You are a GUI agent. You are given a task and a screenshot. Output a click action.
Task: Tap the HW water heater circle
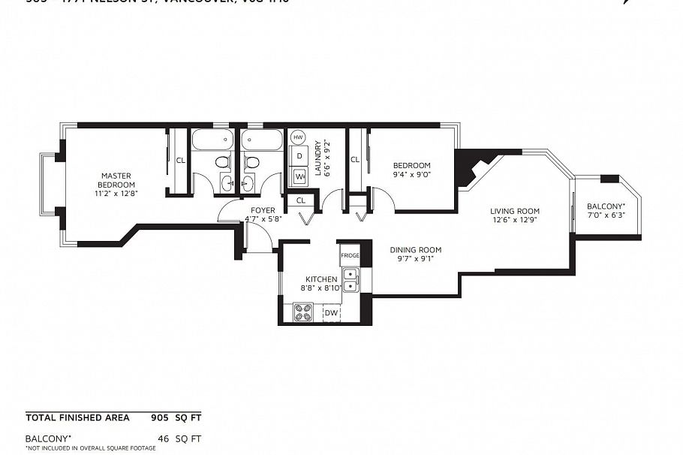tap(298, 137)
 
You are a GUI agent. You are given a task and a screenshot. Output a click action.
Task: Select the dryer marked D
tap(299, 156)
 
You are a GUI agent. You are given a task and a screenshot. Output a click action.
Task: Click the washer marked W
tap(299, 176)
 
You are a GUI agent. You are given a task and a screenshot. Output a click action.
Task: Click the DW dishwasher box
tap(331, 312)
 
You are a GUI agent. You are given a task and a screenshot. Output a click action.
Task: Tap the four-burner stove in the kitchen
tap(303, 312)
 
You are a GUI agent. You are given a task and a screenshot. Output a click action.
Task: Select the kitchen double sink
tap(351, 279)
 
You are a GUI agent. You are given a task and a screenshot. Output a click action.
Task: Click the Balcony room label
tap(605, 206)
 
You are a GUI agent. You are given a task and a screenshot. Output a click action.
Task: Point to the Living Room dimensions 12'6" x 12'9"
tap(516, 221)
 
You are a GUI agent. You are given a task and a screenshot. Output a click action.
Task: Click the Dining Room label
tap(415, 250)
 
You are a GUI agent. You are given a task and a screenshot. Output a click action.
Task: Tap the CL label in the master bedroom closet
tap(180, 160)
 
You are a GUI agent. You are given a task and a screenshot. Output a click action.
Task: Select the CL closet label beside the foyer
tap(301, 200)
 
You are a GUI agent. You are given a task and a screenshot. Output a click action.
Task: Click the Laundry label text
tap(318, 158)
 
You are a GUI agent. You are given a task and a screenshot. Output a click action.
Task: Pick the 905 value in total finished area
tap(160, 417)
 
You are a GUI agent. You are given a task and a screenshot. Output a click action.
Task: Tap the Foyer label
tap(263, 210)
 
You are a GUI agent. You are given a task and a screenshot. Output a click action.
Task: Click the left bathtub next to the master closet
tap(214, 139)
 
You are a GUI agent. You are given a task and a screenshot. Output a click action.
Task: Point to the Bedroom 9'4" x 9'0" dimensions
tap(411, 174)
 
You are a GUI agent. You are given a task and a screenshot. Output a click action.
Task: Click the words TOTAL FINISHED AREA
tap(77, 417)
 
